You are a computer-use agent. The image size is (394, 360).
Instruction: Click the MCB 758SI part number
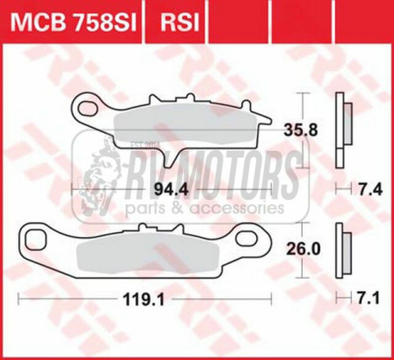coord(72,21)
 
